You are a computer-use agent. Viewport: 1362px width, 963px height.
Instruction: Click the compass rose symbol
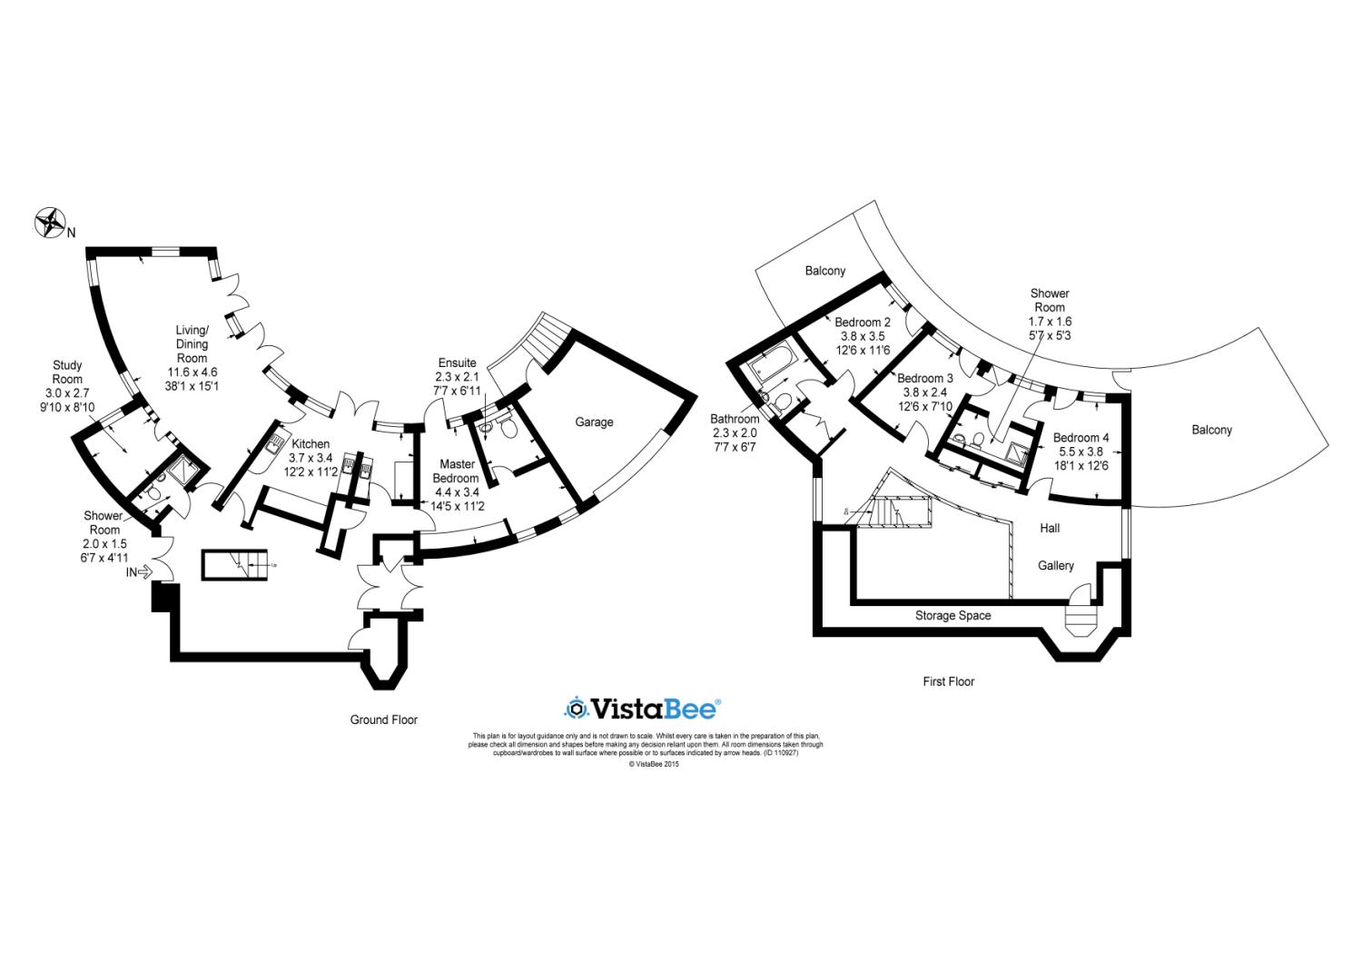point(52,223)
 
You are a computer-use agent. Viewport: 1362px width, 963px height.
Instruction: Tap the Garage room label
point(594,422)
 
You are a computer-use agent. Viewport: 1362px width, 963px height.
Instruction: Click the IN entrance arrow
point(138,572)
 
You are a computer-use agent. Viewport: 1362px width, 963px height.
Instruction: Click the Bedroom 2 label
point(862,335)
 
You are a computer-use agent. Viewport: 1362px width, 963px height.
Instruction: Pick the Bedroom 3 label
point(924,392)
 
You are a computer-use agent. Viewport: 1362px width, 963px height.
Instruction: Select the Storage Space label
point(952,615)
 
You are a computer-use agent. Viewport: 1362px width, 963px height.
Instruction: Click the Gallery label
point(1056,565)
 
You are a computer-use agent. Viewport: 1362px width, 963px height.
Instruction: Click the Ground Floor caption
point(384,720)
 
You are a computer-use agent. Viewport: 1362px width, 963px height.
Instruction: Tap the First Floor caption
point(948,681)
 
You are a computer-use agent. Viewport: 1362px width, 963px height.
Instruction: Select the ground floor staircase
point(235,563)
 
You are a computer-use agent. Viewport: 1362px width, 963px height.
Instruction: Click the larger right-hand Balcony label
point(1211,430)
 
